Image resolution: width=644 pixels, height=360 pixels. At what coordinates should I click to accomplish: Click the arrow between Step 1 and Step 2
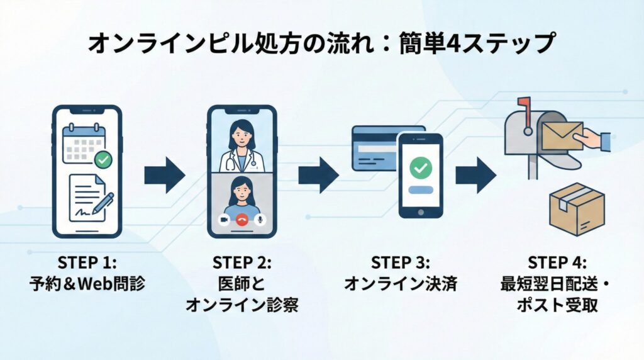point(165,175)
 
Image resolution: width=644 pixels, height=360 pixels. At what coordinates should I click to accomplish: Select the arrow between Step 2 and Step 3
point(318,175)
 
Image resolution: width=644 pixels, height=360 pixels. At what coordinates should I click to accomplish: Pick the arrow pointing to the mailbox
point(475,175)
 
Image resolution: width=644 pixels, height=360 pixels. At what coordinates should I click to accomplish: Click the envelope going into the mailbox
point(562,136)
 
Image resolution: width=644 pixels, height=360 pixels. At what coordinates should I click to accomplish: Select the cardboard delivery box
point(576,210)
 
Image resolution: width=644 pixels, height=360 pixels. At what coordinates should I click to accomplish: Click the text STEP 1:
point(86,262)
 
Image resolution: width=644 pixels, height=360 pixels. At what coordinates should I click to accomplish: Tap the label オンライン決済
point(400,283)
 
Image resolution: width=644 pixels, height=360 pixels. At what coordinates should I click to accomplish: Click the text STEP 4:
point(557,262)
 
